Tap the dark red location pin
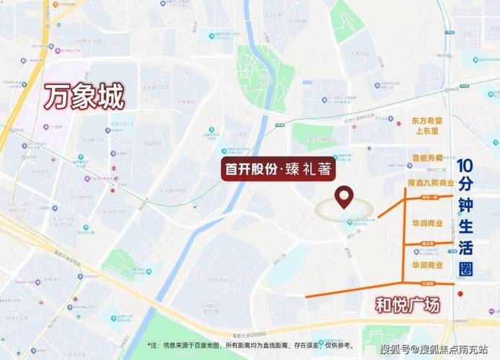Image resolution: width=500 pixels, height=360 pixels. point(346,196)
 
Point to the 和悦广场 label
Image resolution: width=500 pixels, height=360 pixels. point(408,305)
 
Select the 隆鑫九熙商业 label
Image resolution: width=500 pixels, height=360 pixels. point(429,184)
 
